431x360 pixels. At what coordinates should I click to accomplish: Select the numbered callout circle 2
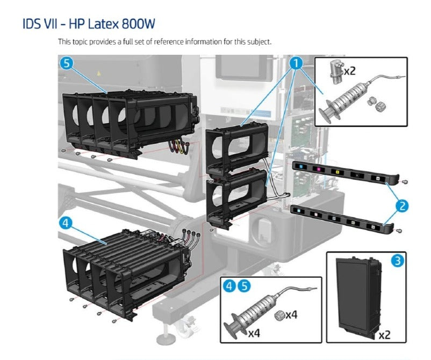(403, 205)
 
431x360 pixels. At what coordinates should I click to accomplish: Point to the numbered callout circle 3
(397, 262)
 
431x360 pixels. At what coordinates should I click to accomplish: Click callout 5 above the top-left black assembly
(66, 63)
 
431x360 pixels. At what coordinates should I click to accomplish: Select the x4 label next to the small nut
(291, 314)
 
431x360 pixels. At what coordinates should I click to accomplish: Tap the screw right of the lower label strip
(401, 232)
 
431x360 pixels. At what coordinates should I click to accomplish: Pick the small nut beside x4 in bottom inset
(279, 314)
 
